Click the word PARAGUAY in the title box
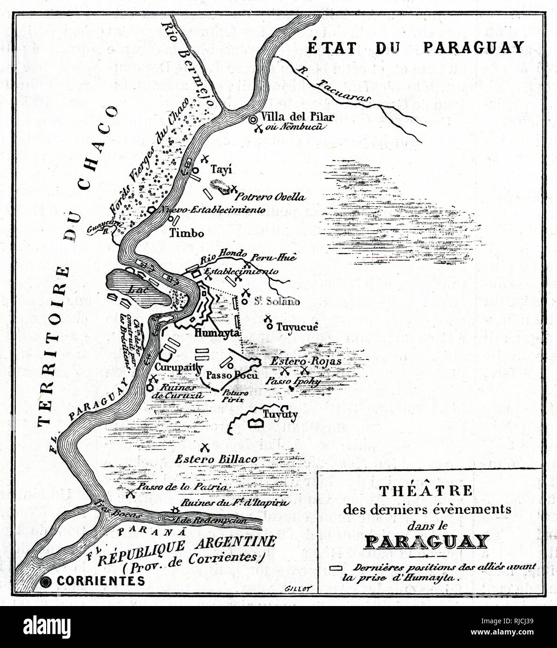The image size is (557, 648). pyautogui.click(x=426, y=542)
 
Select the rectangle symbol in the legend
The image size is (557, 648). pyautogui.click(x=336, y=568)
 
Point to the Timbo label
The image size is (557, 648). pyautogui.click(x=187, y=233)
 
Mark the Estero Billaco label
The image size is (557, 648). pyautogui.click(x=216, y=459)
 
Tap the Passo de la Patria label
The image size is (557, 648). pyautogui.click(x=183, y=487)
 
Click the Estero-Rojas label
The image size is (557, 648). pyautogui.click(x=306, y=361)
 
